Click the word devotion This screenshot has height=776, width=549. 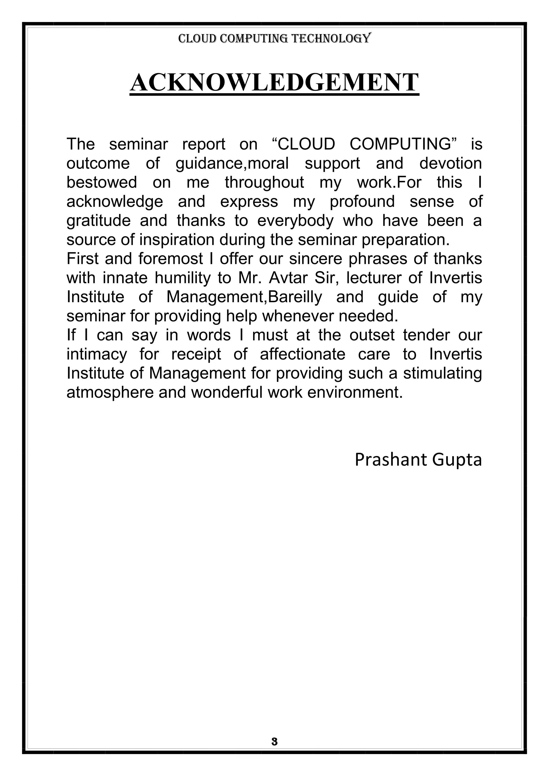click(x=450, y=163)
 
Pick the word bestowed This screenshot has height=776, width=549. click(x=101, y=182)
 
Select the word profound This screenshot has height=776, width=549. click(x=362, y=202)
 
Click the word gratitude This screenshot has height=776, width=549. click(x=98, y=221)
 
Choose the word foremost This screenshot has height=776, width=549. click(x=170, y=259)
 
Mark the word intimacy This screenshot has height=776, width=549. click(x=97, y=355)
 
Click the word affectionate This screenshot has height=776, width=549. click(x=303, y=354)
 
